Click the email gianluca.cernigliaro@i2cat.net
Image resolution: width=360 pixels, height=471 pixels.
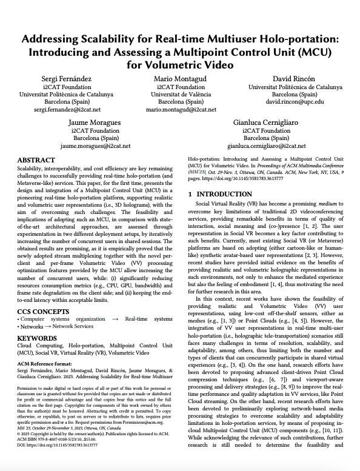tap(266, 146)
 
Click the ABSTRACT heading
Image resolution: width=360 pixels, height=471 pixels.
tap(36, 160)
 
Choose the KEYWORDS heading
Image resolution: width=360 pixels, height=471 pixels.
tap(38, 338)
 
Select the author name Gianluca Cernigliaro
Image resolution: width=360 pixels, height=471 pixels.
tap(266, 123)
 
